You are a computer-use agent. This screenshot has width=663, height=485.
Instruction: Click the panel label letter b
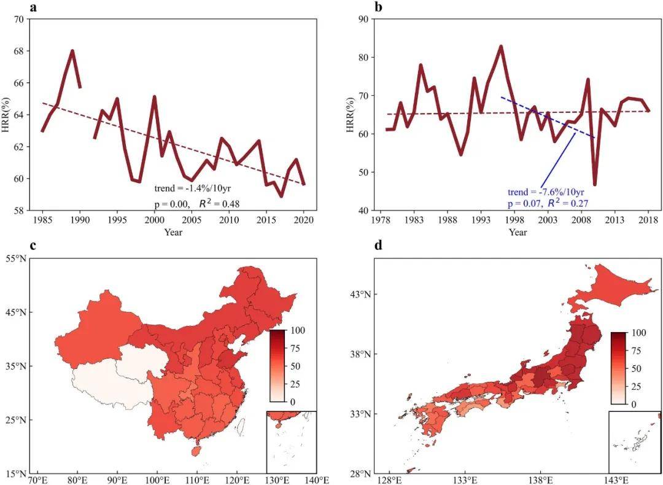(x=378, y=7)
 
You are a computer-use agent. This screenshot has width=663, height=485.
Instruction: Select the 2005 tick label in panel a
(x=192, y=220)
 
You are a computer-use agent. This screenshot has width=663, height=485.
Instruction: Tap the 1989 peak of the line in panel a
(x=72, y=51)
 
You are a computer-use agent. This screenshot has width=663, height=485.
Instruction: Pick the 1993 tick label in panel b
(x=481, y=220)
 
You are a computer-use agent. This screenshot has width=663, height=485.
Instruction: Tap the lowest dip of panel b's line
(x=595, y=184)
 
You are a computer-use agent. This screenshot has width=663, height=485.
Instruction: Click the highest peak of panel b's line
(x=501, y=47)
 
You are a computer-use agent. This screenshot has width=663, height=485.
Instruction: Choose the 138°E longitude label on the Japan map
(x=540, y=479)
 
